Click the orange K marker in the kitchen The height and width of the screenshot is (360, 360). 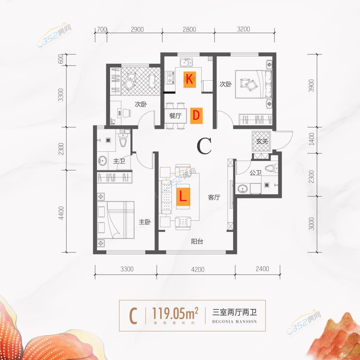[x=189, y=79]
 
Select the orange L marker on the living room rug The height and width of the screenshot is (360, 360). [x=183, y=196]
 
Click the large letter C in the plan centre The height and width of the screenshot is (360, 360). [x=204, y=146]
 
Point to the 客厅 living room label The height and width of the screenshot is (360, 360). [x=214, y=197]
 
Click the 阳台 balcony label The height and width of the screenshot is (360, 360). [x=197, y=241]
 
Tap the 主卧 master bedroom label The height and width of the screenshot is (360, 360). [x=145, y=222]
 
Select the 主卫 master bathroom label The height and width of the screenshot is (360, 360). [x=119, y=161]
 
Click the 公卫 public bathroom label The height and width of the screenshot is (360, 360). [x=255, y=173]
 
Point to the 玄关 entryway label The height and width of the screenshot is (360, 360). [x=262, y=141]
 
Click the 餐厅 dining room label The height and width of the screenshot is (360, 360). [x=175, y=116]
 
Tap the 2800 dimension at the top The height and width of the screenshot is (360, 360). [x=189, y=29]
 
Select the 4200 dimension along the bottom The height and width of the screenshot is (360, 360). [x=197, y=269]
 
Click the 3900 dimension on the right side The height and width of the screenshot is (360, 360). [x=312, y=85]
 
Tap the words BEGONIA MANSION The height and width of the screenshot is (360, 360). [x=235, y=322]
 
